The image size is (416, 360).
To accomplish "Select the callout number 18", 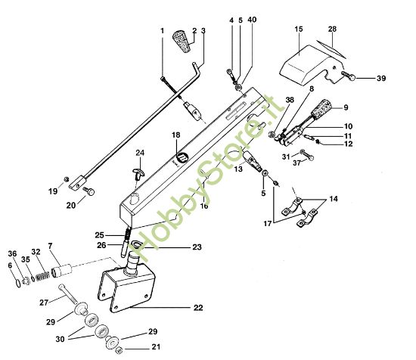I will (175, 135).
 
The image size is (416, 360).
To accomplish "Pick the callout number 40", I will (252, 20).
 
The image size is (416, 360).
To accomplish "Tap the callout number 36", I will (11, 253).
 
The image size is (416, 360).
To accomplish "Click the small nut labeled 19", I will (68, 180).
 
